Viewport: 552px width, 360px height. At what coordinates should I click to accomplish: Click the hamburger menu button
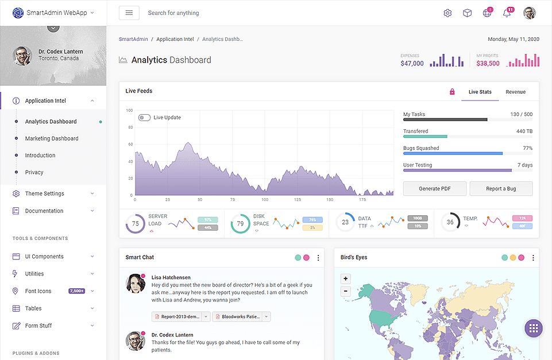(129, 13)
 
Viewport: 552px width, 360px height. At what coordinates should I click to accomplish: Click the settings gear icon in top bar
(447, 13)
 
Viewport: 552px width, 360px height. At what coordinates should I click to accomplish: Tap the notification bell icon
(507, 13)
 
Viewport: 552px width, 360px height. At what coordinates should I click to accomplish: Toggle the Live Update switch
(144, 118)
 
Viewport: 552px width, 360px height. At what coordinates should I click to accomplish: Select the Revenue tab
(515, 92)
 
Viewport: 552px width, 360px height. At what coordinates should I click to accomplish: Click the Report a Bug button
(501, 189)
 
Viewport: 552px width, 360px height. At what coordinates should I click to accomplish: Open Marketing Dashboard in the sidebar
(52, 138)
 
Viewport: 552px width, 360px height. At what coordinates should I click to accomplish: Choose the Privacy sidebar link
(34, 172)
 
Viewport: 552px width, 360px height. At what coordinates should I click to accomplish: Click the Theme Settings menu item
(44, 193)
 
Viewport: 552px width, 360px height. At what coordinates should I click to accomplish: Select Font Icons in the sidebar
(38, 291)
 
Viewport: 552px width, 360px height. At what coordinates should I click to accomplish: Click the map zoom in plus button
(346, 279)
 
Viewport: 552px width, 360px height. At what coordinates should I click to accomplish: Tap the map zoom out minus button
(346, 291)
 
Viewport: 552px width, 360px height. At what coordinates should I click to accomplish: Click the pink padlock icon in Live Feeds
(452, 92)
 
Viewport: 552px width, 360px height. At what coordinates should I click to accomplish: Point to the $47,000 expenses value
(412, 64)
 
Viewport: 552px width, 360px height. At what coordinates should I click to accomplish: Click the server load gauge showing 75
(135, 223)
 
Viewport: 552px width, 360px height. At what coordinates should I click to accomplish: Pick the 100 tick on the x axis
(265, 200)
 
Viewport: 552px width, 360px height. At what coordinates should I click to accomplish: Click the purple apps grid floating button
(533, 328)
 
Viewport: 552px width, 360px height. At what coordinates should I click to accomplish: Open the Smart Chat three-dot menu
(318, 258)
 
